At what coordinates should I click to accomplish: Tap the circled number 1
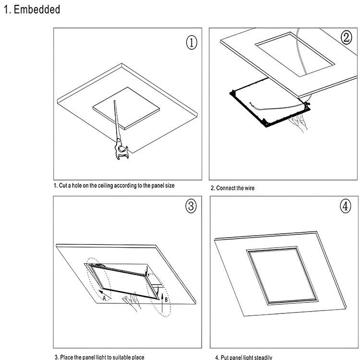pyautogui.click(x=191, y=42)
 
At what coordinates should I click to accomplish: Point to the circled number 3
pyautogui.click(x=191, y=206)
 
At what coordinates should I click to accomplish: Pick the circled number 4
pyautogui.click(x=346, y=206)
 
